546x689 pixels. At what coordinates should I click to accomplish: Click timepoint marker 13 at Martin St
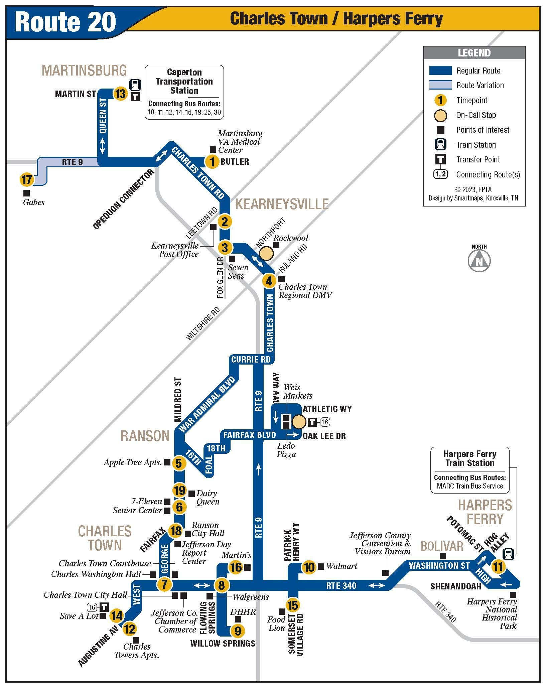coord(120,94)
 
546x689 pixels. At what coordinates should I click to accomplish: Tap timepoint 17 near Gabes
coord(26,180)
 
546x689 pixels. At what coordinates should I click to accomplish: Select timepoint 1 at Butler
coord(212,162)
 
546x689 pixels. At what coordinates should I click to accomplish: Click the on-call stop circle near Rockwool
coord(267,254)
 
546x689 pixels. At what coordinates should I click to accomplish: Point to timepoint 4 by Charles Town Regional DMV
coord(269,281)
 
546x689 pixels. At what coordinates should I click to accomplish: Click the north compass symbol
coord(479,260)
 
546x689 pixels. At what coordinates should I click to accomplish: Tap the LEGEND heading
coord(474,53)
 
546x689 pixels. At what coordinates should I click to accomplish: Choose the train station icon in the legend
coord(440,145)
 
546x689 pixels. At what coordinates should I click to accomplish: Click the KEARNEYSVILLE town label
coord(282,204)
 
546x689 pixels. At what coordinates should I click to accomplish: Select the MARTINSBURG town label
coord(84,71)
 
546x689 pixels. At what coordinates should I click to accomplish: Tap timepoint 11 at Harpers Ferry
coord(498,566)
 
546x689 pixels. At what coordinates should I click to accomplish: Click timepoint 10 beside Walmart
coord(309,567)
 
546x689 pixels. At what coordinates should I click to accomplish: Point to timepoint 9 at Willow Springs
coord(238,631)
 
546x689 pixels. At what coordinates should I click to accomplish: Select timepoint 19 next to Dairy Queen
coord(179,491)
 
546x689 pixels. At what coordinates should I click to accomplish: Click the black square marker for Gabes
coord(26,193)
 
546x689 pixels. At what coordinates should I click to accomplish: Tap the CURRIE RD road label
coord(251,360)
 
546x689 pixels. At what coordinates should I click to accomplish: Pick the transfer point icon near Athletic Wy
coord(312,422)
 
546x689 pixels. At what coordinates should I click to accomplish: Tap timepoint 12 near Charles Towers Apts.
coord(130,629)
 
